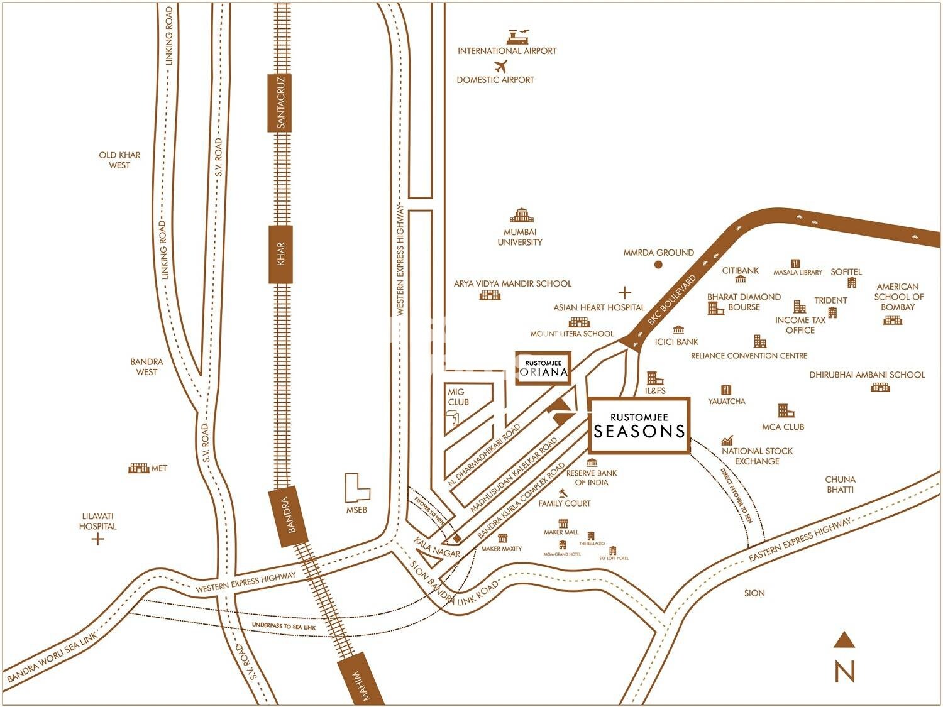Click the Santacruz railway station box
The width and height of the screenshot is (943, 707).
(x=280, y=102)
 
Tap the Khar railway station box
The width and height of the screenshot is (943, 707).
(x=280, y=254)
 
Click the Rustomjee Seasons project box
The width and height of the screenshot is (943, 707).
(x=639, y=425)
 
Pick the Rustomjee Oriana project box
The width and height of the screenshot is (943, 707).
(x=543, y=368)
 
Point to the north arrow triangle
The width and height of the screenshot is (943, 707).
(x=844, y=640)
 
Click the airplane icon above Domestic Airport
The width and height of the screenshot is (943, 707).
(x=501, y=66)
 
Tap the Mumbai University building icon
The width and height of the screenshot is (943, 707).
(x=521, y=216)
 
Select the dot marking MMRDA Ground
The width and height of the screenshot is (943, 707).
(x=658, y=265)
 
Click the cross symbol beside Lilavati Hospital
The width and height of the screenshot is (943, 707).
(x=97, y=539)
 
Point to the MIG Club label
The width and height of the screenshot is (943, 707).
(x=458, y=397)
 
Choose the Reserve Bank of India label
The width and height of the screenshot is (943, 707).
(x=592, y=478)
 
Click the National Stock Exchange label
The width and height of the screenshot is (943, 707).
(x=757, y=456)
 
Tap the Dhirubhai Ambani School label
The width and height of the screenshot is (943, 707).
(x=867, y=375)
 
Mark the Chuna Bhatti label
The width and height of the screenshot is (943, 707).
(x=840, y=484)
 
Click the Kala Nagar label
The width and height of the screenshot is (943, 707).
(x=437, y=547)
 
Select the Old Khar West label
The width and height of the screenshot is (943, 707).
(x=119, y=160)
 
